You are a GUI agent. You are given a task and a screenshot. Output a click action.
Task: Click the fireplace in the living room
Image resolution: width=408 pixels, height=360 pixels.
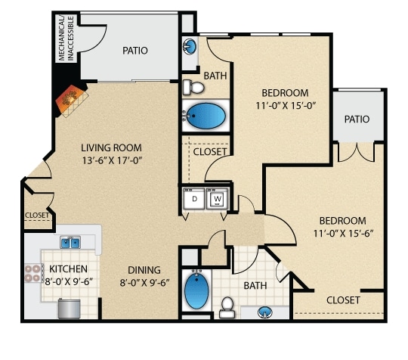[x=72, y=100]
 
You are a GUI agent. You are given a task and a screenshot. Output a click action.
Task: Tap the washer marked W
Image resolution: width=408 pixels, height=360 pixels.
[x=218, y=199]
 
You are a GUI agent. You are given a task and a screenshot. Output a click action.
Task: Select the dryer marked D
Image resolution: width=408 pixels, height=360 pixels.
[x=194, y=199]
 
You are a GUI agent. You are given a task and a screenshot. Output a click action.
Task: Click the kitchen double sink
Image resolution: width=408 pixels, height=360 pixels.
[x=70, y=242]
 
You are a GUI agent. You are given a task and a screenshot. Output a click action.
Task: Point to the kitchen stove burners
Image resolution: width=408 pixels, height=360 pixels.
[x=32, y=273]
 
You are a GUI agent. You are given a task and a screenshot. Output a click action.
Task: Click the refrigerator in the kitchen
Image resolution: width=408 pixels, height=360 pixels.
[x=69, y=309]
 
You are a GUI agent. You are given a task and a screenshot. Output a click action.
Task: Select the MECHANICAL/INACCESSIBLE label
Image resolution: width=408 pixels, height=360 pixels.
[x=66, y=39]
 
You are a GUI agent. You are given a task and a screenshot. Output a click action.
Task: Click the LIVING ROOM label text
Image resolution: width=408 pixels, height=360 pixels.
[x=111, y=147]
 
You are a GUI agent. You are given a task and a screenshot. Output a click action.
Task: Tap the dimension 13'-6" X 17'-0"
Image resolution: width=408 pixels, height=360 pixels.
[x=113, y=160]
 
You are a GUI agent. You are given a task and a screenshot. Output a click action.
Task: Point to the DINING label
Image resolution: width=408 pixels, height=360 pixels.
[x=144, y=270]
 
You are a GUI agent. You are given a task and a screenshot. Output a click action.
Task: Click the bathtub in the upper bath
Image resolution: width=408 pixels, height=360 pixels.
[x=206, y=116]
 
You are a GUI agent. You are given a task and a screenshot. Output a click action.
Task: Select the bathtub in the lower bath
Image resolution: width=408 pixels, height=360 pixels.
[x=196, y=290]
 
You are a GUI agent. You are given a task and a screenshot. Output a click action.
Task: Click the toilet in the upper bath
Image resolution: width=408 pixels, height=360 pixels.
[x=193, y=88]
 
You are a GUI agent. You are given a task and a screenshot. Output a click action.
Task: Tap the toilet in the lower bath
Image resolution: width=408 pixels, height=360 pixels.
[x=227, y=307]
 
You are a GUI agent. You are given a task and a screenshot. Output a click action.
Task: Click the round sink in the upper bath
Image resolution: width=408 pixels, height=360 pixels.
[x=190, y=46]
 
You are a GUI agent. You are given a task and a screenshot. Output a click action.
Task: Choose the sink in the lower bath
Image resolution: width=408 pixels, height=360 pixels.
[x=265, y=312]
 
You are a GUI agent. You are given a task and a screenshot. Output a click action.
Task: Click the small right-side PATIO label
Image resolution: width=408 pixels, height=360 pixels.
[x=357, y=119]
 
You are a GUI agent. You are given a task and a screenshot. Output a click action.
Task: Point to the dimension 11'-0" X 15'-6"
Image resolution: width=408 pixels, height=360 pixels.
[x=344, y=234]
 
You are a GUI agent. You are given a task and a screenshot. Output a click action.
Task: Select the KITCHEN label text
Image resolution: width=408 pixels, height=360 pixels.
[x=68, y=268]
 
